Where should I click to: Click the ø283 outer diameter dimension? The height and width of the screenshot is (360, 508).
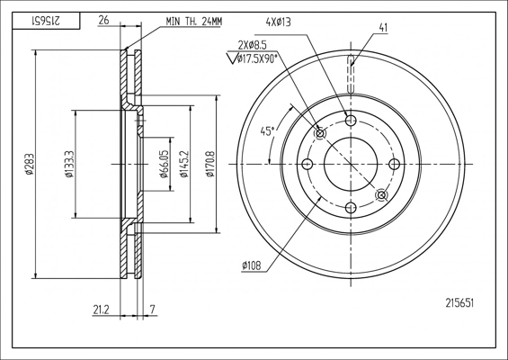click(x=29, y=164)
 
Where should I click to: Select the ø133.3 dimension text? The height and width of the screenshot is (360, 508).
click(x=70, y=164)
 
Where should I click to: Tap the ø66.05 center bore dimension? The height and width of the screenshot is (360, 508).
click(x=165, y=164)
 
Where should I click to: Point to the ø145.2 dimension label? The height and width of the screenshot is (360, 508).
click(x=184, y=164)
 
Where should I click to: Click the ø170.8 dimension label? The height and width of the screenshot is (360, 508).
click(x=210, y=164)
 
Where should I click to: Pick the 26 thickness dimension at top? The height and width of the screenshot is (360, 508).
click(x=103, y=21)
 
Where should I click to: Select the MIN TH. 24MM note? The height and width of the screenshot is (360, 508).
click(x=194, y=22)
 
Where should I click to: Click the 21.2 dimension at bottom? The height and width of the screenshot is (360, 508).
click(x=101, y=310)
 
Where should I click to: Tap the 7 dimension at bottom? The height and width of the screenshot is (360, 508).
click(x=153, y=310)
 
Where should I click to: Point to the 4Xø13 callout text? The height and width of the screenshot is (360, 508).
click(x=278, y=22)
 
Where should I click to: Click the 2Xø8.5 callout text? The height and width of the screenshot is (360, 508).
click(x=253, y=45)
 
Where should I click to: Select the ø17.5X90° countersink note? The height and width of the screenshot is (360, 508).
click(x=257, y=58)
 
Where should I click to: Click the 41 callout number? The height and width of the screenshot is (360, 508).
click(x=383, y=28)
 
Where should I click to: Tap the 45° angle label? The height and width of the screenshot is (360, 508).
click(x=267, y=131)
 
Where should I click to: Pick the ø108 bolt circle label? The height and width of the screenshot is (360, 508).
click(x=251, y=265)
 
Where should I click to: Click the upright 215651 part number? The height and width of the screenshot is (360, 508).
click(x=459, y=303)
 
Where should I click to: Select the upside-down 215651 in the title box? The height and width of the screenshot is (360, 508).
click(x=45, y=21)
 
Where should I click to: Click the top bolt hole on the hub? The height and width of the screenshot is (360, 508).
click(x=351, y=121)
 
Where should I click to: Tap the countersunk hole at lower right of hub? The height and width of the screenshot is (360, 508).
click(x=381, y=195)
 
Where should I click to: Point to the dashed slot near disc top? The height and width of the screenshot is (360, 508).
click(x=352, y=75)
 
